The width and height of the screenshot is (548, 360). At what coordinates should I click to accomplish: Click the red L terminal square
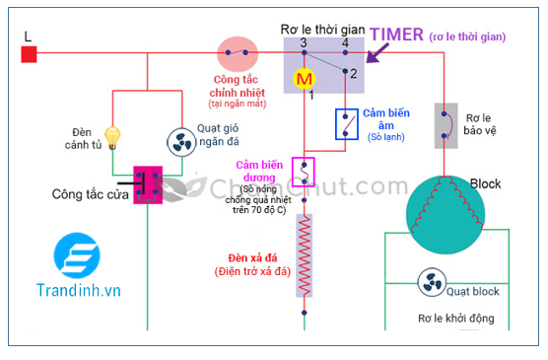pyautogui.click(x=30, y=53)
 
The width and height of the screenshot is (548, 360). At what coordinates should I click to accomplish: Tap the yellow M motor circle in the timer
pyautogui.click(x=305, y=77)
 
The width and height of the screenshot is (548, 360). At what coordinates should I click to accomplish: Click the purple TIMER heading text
pyautogui.click(x=397, y=35)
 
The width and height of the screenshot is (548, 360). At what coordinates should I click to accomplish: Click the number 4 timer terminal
pyautogui.click(x=344, y=43)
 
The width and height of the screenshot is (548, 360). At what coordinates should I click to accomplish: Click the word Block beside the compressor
pyautogui.click(x=487, y=184)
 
